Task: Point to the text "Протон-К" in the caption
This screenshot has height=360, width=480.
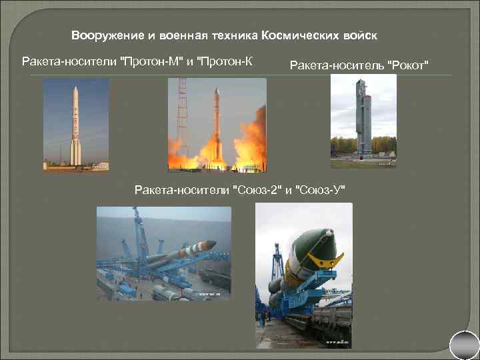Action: tap(229, 62)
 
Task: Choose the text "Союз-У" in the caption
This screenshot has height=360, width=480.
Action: tap(323, 191)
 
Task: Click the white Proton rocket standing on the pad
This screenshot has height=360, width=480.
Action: tap(75, 127)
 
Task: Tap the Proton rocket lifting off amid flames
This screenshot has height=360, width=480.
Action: tap(216, 123)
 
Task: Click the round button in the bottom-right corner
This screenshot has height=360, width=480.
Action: tap(465, 345)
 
